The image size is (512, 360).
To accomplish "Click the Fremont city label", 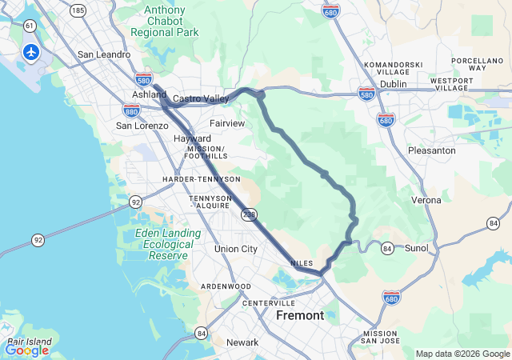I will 300,315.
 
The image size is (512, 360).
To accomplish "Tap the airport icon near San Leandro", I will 31,52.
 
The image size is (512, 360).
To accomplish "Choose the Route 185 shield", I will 78,10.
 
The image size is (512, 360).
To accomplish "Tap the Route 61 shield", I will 30,26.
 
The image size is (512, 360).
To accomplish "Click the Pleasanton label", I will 432,150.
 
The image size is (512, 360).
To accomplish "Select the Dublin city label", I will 394,83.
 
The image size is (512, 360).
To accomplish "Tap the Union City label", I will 236,249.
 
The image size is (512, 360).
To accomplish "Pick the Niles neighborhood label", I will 302,262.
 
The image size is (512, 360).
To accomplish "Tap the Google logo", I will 26,350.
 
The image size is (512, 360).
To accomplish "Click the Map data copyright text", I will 462,354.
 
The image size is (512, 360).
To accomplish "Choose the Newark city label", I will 242,342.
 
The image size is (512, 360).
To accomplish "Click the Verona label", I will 426,199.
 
